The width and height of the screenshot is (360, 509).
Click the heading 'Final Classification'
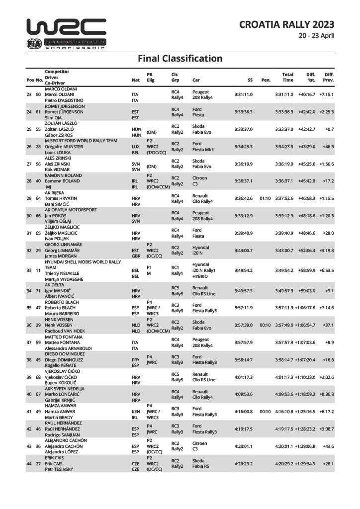point(180,59)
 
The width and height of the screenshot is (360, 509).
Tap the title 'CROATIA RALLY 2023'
point(286,24)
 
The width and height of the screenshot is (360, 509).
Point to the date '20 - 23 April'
point(316,36)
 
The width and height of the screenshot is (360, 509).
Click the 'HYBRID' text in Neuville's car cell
point(200,276)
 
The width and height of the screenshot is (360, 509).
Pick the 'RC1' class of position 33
point(175,267)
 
